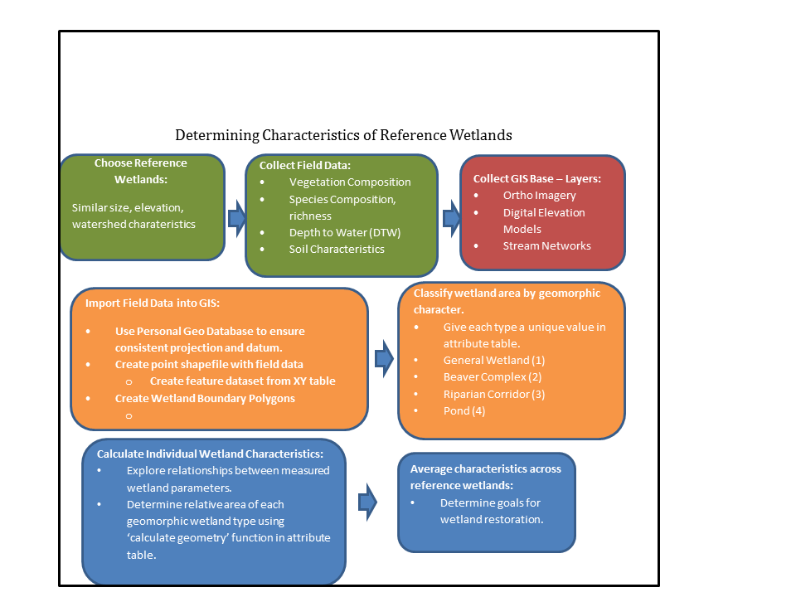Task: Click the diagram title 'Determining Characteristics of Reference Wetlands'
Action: (343, 135)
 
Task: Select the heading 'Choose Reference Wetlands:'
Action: (140, 171)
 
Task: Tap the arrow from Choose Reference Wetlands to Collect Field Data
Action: (236, 217)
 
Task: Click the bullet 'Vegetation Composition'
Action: (349, 182)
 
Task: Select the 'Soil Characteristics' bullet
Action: (336, 249)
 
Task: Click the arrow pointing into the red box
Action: (452, 218)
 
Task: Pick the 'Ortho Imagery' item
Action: (539, 196)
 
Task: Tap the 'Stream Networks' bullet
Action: (546, 245)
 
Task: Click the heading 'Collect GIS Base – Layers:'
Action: (536, 178)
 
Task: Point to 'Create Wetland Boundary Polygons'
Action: (205, 398)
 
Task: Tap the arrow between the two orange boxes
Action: (384, 358)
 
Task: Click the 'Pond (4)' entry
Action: (464, 410)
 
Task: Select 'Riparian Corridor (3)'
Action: (493, 394)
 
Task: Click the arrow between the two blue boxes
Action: (366, 502)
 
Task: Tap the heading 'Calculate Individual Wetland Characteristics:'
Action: (209, 454)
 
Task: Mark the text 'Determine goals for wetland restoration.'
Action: (491, 512)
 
